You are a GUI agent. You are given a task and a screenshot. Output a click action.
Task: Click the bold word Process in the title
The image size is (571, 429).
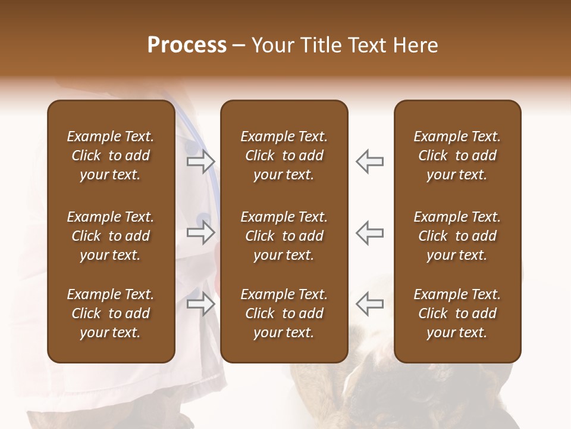pyautogui.click(x=187, y=45)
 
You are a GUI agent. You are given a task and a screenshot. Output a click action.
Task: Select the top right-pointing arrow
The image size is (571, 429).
pyautogui.click(x=201, y=161)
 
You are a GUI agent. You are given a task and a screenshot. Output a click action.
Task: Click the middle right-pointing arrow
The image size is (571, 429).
pyautogui.click(x=201, y=232)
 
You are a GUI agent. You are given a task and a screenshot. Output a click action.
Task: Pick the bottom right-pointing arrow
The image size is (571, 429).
pyautogui.click(x=201, y=304)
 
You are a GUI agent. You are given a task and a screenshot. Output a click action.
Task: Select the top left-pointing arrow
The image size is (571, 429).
pyautogui.click(x=369, y=161)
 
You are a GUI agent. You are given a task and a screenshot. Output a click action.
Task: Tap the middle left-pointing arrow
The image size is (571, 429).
pyautogui.click(x=369, y=232)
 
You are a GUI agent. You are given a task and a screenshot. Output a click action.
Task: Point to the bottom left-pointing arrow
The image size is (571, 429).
pyautogui.click(x=369, y=304)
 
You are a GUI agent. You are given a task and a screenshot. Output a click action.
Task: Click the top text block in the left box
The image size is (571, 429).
pyautogui.click(x=111, y=156)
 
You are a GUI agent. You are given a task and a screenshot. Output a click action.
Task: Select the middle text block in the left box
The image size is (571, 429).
pyautogui.click(x=111, y=236)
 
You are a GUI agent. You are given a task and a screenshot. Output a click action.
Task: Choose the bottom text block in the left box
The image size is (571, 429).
pyautogui.click(x=111, y=313)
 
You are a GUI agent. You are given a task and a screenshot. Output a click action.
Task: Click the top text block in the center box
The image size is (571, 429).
pyautogui.click(x=284, y=156)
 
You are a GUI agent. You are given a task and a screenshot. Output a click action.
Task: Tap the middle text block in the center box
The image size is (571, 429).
pyautogui.click(x=284, y=236)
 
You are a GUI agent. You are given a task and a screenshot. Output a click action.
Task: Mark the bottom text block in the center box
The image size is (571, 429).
pyautogui.click(x=284, y=313)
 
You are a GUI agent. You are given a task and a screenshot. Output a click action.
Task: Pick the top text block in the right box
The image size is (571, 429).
pyautogui.click(x=457, y=156)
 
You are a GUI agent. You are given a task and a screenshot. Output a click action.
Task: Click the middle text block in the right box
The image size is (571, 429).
pyautogui.click(x=457, y=236)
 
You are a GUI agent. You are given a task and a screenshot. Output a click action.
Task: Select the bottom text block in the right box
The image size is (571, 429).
pyautogui.click(x=457, y=313)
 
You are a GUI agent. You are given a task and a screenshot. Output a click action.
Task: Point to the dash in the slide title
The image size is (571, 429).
pyautogui.click(x=239, y=45)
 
